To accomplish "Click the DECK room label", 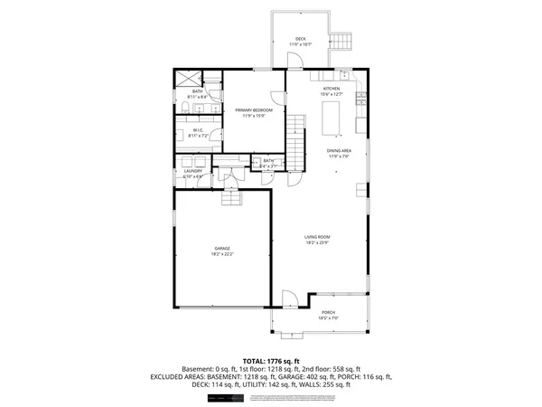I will (x=300, y=39).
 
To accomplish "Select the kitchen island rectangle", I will (x=332, y=115).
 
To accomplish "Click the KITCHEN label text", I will (x=331, y=89).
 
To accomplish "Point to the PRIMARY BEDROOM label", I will (x=254, y=109).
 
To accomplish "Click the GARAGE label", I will (x=222, y=248).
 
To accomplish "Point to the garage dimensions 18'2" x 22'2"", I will (x=222, y=254).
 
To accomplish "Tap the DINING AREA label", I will (x=339, y=151).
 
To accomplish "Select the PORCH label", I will (x=328, y=312).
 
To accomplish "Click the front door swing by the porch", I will (x=289, y=299).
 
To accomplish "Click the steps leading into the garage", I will (x=232, y=197).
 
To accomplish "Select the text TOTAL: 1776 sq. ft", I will (x=271, y=361).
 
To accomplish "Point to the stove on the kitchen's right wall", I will (x=361, y=122).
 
